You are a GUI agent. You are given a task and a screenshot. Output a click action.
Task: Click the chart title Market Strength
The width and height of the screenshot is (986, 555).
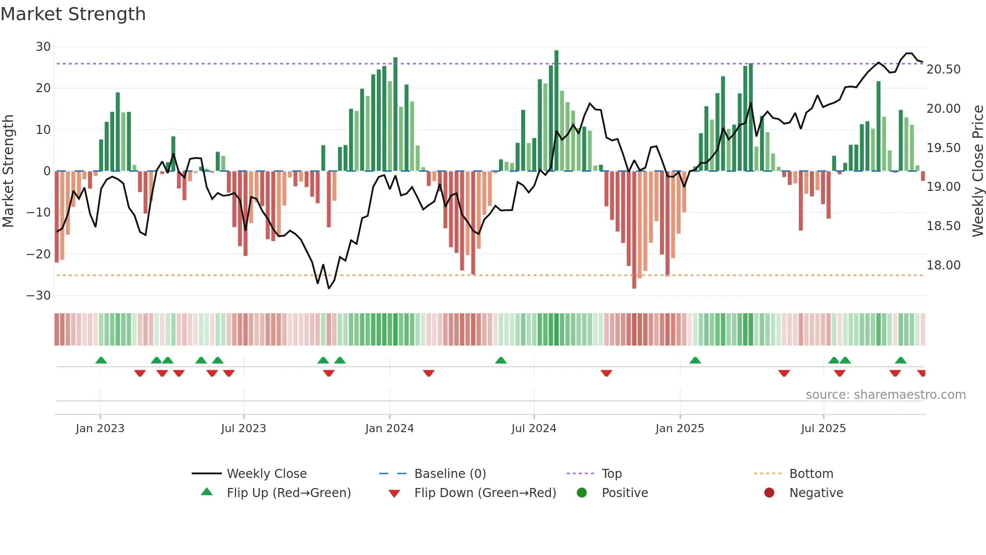click(73, 14)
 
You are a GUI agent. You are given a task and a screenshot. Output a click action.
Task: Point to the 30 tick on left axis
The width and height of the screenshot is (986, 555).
click(43, 47)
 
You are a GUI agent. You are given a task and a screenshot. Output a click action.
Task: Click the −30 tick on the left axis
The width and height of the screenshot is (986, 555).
click(39, 296)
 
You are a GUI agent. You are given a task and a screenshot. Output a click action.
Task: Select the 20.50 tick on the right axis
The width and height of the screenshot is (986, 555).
click(943, 70)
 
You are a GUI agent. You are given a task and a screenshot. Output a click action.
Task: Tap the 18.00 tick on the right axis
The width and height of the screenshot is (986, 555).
click(943, 265)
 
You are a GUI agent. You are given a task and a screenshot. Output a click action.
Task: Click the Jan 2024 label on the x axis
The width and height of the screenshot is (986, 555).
click(389, 429)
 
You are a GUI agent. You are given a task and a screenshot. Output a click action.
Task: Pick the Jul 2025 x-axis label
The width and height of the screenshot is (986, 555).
click(823, 429)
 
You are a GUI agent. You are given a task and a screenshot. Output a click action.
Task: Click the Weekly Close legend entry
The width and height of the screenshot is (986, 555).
click(267, 474)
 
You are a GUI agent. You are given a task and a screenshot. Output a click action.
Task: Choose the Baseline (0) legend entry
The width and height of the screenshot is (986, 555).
click(450, 474)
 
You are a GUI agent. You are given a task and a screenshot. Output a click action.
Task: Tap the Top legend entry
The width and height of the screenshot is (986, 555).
click(612, 474)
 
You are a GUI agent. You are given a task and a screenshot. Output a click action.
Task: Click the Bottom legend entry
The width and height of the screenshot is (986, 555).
click(811, 474)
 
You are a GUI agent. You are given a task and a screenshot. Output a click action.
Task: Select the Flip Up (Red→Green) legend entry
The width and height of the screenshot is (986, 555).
click(288, 493)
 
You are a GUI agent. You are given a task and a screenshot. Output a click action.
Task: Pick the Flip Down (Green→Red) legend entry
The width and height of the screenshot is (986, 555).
click(485, 493)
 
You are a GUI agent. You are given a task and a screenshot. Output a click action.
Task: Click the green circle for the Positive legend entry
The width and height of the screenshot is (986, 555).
click(582, 493)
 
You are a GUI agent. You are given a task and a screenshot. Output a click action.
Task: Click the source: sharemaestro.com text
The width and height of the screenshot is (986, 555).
click(885, 395)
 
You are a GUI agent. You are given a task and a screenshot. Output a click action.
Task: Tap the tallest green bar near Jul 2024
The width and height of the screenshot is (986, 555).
click(556, 111)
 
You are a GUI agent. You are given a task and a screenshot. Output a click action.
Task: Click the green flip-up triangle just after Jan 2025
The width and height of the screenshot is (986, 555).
click(695, 361)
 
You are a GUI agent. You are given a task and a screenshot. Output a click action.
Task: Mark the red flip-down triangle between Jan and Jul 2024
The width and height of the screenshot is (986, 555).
click(429, 373)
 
